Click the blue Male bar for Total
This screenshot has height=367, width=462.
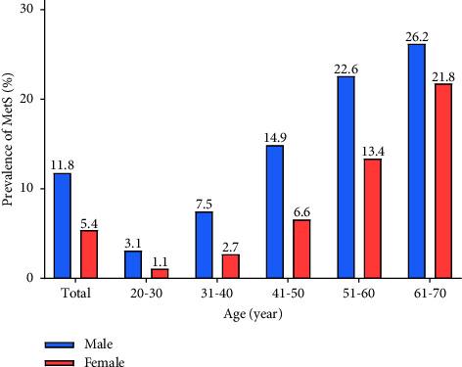click(x=63, y=225)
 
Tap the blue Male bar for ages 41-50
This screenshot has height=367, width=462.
click(x=275, y=211)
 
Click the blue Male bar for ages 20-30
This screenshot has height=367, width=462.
click(x=133, y=264)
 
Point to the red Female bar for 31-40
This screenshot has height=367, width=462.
click(x=231, y=266)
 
